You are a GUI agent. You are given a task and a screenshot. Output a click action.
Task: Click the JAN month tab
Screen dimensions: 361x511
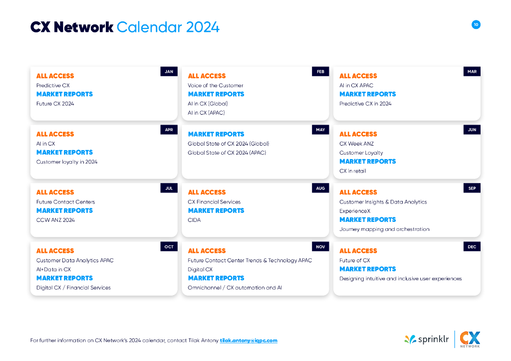(169, 72)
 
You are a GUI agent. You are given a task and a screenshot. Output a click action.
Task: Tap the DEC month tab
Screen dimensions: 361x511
(472, 247)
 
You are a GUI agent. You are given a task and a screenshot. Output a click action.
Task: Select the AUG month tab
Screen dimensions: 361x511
(320, 188)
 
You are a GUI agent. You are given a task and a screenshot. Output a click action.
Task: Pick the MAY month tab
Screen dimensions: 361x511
(320, 130)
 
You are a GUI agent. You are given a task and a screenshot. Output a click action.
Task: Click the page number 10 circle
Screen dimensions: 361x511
(476, 24)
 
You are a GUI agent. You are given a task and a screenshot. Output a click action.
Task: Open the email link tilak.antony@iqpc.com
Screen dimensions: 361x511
(249, 341)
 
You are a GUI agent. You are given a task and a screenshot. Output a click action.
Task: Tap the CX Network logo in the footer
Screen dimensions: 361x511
(470, 339)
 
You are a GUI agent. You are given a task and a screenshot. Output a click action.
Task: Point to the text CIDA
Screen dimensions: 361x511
(194, 220)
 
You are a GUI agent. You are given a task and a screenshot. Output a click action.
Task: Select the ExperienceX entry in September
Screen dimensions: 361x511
(355, 211)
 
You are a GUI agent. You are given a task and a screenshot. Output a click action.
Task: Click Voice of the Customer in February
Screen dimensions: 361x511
(216, 85)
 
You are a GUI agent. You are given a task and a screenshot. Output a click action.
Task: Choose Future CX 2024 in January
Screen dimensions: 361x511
(55, 104)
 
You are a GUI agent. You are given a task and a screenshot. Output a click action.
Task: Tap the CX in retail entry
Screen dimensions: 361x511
(353, 171)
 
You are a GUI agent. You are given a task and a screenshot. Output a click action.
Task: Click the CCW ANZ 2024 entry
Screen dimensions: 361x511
(55, 220)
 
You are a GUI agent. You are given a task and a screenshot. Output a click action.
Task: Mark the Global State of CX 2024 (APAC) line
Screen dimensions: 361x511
(227, 153)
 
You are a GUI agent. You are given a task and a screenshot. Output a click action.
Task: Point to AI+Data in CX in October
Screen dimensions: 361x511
(53, 269)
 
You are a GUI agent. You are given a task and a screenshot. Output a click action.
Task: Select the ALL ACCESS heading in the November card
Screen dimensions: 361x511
(207, 251)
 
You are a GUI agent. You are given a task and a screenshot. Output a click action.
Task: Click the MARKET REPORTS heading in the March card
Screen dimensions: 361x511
(368, 94)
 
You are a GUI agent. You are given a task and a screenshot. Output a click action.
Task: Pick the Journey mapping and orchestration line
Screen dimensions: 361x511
(384, 229)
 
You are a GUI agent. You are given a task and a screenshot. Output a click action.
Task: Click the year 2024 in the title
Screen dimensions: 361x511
(203, 27)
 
